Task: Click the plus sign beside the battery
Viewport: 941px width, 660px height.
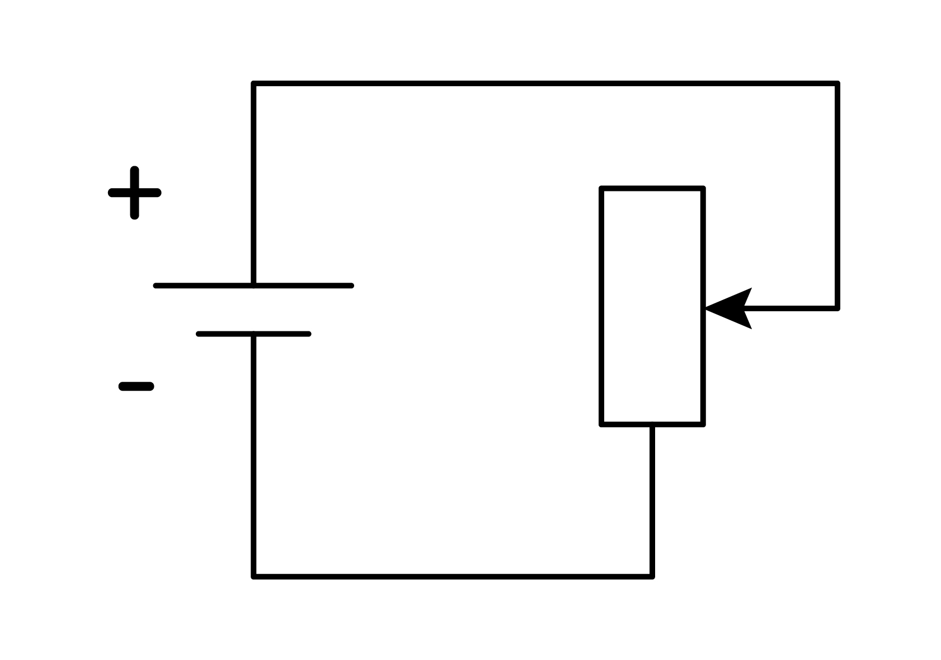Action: tap(134, 193)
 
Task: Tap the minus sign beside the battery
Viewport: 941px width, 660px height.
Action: tap(136, 386)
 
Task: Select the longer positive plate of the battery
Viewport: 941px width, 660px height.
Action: tap(253, 286)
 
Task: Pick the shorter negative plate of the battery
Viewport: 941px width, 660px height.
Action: tap(253, 334)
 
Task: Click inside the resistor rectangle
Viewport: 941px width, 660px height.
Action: tap(652, 306)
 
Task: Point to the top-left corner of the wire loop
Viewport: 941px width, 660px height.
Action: tap(254, 83)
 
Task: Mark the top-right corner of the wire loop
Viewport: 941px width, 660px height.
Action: tap(838, 83)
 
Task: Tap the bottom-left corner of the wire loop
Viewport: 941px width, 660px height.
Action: tap(254, 577)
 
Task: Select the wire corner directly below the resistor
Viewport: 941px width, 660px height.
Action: tap(652, 577)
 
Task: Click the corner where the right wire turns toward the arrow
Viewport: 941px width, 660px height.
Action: tap(838, 308)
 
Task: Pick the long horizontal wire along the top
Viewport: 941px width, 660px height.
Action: tap(545, 83)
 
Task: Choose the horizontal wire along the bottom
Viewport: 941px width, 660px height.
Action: tap(453, 577)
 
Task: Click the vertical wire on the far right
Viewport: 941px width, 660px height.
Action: tap(838, 196)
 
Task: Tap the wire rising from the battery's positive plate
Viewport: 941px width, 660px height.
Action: tap(254, 185)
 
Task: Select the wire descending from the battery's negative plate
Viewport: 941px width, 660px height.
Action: tap(254, 455)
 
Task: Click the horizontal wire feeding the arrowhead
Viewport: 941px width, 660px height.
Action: tap(791, 308)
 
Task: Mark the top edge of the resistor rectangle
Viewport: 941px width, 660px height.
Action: tap(652, 188)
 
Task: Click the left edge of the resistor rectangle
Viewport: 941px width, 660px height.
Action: tap(601, 306)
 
